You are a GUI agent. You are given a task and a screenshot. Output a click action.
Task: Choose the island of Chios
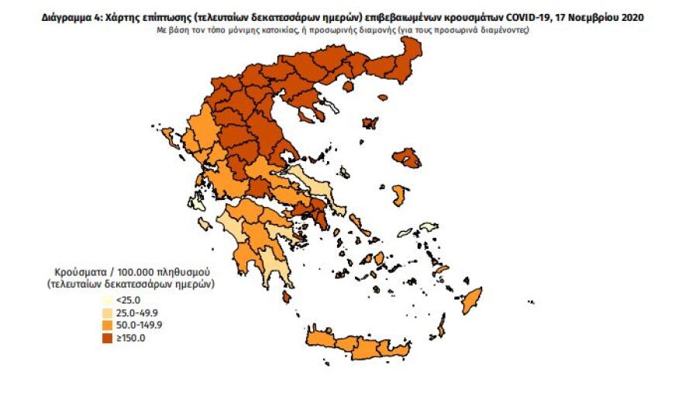400,195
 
